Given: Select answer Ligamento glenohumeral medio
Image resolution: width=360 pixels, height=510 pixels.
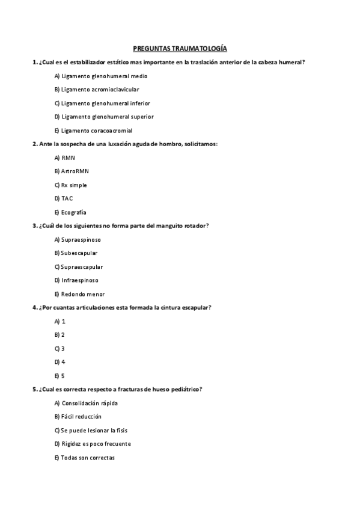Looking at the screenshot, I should point(100,76).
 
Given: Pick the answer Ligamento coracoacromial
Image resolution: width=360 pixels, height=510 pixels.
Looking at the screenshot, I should point(93,131).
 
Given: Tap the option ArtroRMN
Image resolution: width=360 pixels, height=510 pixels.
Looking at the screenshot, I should point(71,171).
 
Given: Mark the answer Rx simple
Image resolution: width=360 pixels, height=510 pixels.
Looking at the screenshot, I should point(70,185).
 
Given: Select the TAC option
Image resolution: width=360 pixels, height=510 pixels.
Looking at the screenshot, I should point(63,198).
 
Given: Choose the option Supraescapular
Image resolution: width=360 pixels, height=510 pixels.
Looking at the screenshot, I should point(78,266).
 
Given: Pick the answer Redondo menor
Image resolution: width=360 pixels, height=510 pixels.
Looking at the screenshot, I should point(79,294).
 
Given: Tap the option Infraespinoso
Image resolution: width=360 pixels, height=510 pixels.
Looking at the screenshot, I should point(76,280).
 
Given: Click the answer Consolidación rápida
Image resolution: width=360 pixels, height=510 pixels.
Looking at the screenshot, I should point(85,403).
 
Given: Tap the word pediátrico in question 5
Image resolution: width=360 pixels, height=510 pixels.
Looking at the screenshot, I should point(183,389).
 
